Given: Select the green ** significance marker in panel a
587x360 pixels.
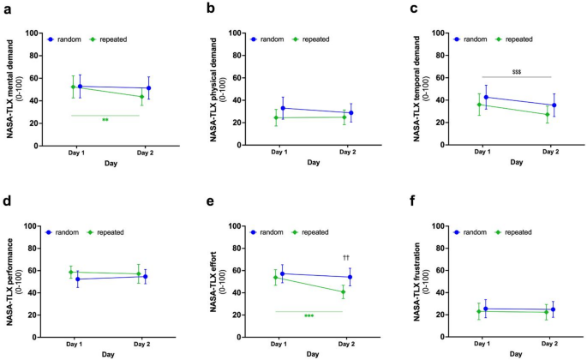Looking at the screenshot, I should pyautogui.click(x=105, y=120).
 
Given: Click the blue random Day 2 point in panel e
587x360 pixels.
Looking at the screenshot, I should pyautogui.click(x=350, y=277).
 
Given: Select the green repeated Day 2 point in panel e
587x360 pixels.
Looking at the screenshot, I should pyautogui.click(x=343, y=291).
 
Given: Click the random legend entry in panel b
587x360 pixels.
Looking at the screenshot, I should pyautogui.click(x=267, y=39).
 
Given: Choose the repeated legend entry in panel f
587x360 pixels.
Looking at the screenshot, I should pyautogui.click(x=519, y=232).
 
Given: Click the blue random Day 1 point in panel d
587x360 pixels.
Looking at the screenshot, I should pyautogui.click(x=78, y=279).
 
